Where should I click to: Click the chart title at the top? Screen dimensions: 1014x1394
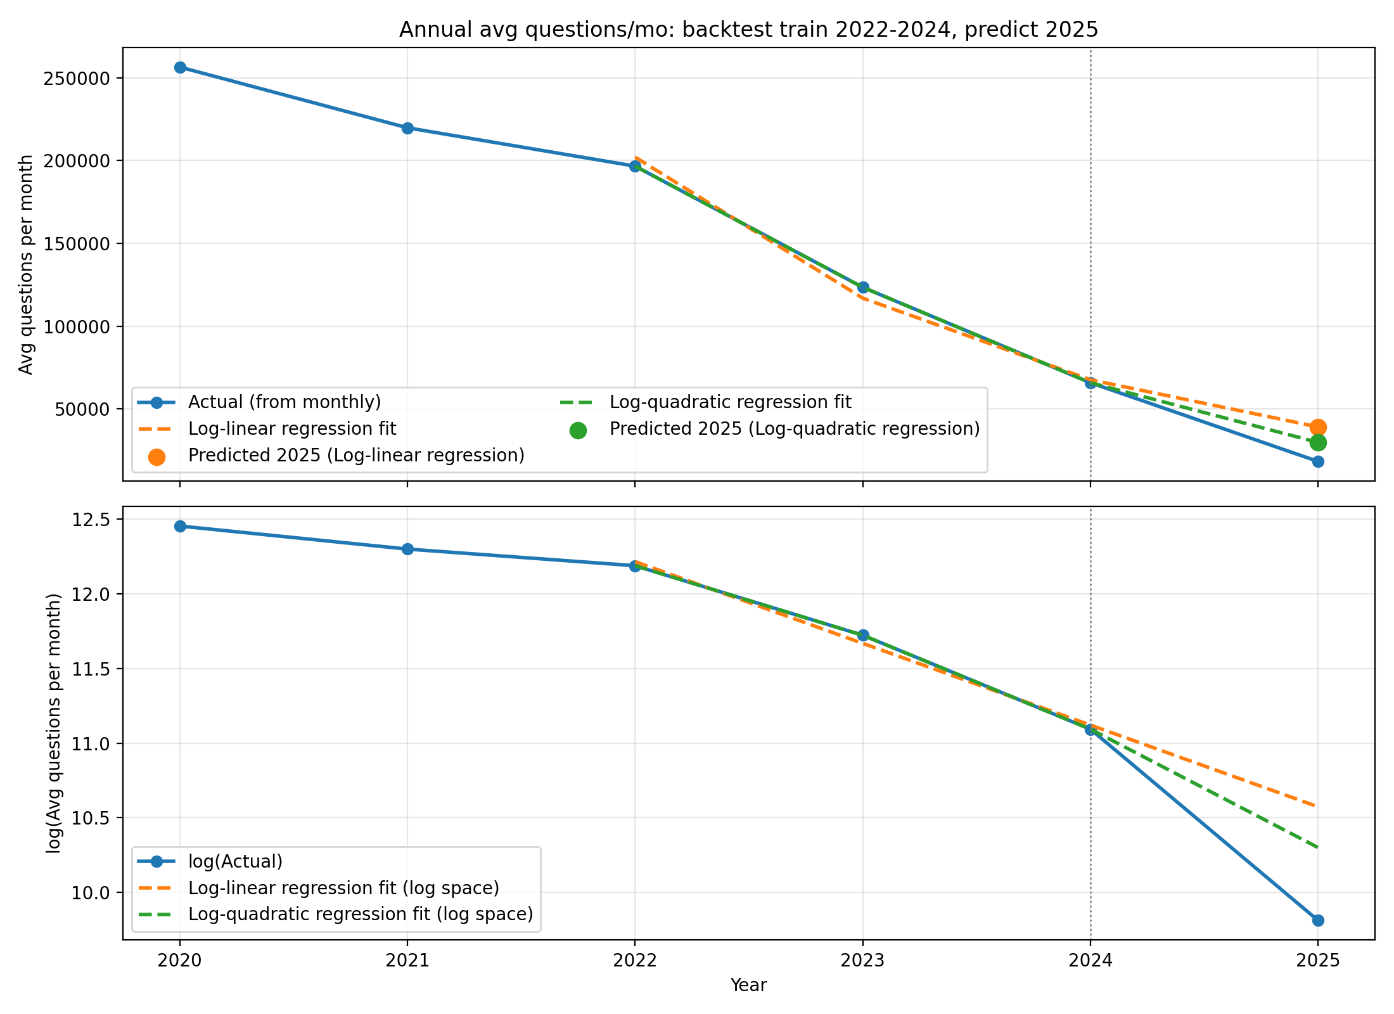point(748,30)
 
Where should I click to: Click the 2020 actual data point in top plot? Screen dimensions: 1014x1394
point(180,67)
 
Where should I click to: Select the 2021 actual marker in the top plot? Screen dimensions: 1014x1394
point(407,128)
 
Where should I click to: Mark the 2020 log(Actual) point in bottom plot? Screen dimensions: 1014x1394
point(180,526)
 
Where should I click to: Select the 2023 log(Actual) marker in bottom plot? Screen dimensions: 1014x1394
point(862,635)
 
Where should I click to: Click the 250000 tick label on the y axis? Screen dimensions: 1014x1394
point(79,79)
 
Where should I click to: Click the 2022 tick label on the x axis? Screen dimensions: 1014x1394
point(635,961)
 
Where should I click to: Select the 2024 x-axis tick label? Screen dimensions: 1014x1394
point(1090,961)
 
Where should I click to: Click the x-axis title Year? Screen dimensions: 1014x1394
point(748,985)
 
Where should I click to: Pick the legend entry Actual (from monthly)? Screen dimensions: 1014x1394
point(285,402)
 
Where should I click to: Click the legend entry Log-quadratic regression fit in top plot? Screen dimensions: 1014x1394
point(730,402)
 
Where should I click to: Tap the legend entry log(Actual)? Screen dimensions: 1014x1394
point(235,861)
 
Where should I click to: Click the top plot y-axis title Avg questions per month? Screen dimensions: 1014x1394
point(26,264)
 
